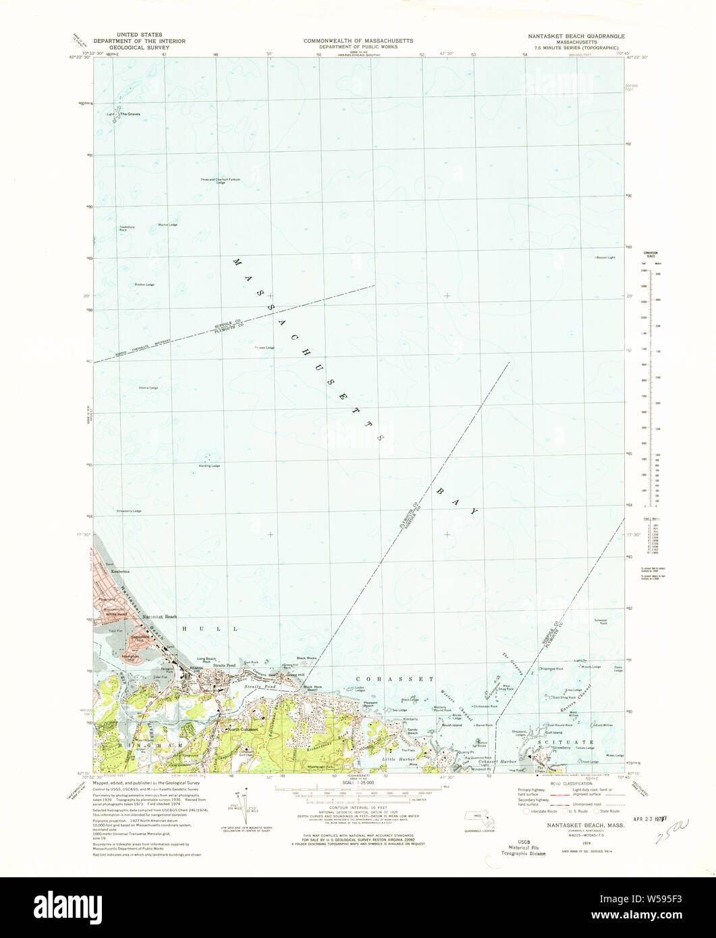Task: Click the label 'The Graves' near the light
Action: [130, 114]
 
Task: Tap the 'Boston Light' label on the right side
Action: [605, 257]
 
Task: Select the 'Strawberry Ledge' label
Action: [128, 511]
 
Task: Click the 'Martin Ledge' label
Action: [167, 225]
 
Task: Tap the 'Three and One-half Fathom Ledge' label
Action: [220, 181]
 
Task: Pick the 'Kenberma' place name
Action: [111, 571]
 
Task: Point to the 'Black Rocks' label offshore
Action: [306, 657]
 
